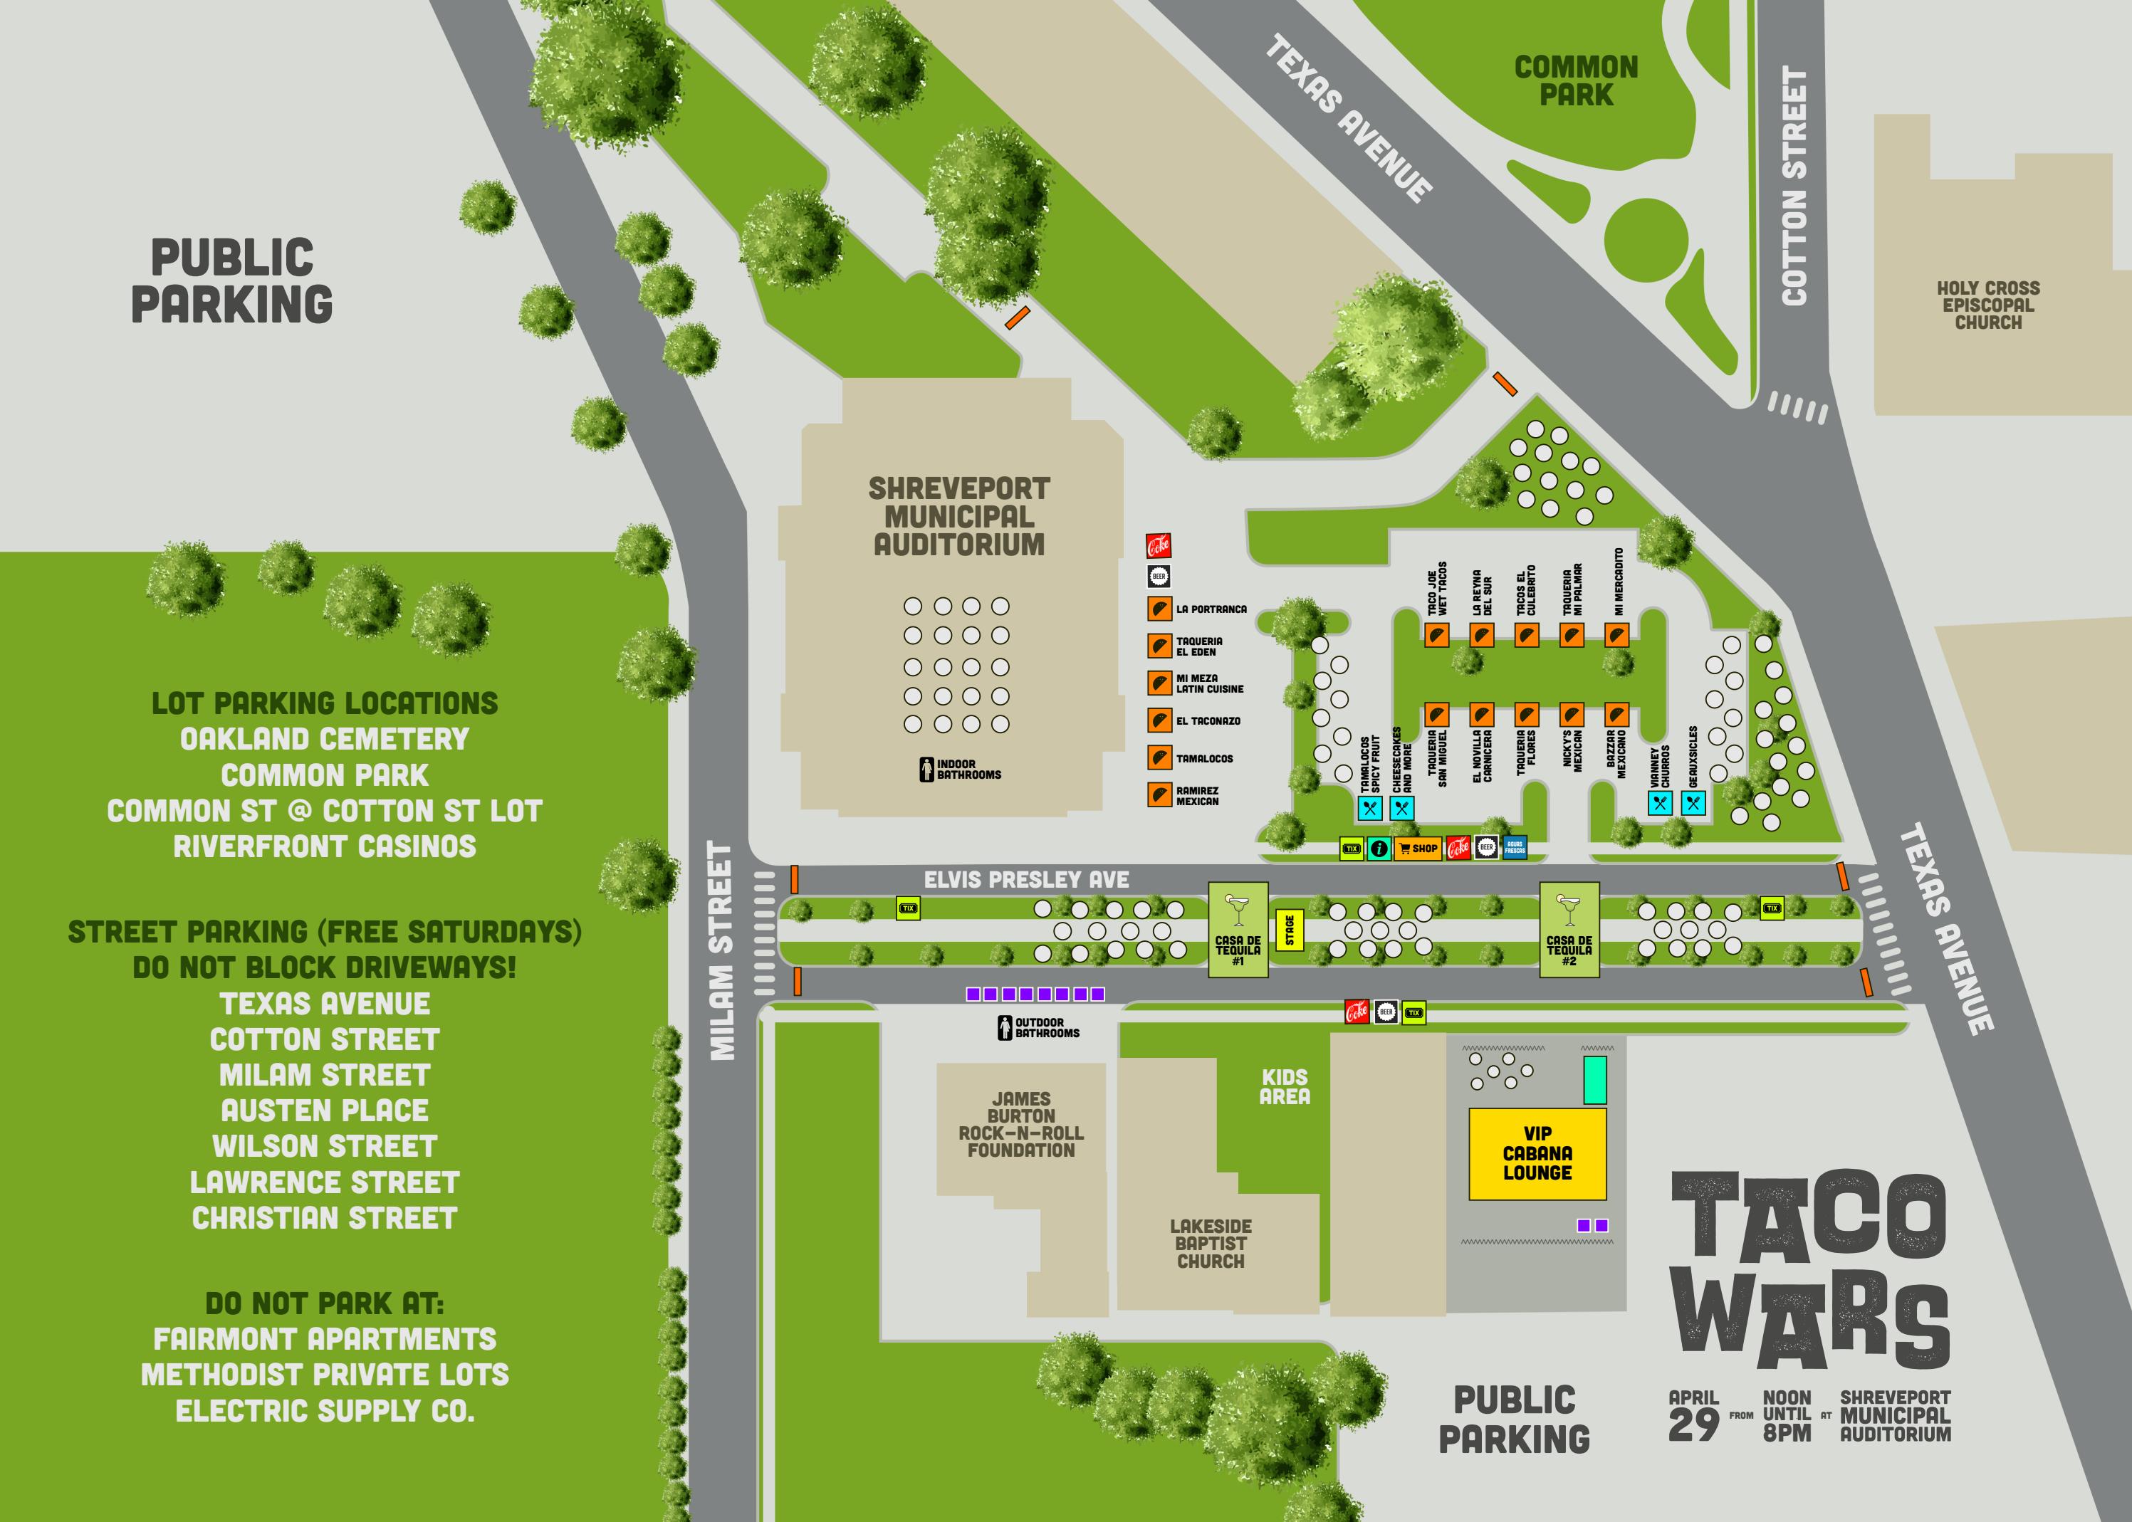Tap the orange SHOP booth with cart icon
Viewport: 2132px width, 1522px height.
(x=1418, y=848)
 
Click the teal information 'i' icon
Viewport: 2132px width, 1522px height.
(x=1378, y=848)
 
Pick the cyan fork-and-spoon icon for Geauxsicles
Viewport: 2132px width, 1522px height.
(x=1693, y=803)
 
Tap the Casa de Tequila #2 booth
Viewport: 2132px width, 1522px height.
(x=1569, y=930)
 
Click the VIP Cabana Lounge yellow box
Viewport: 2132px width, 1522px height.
(x=1537, y=1154)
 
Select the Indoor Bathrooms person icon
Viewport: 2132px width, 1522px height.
(x=926, y=770)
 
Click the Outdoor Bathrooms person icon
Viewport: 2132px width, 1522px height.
(x=1004, y=1028)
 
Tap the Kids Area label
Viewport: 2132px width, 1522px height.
(x=1285, y=1086)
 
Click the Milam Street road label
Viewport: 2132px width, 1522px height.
(x=720, y=950)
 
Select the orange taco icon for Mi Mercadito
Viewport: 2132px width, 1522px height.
(x=1616, y=636)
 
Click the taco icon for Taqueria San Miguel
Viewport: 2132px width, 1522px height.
(x=1436, y=714)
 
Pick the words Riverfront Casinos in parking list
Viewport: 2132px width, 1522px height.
(x=325, y=846)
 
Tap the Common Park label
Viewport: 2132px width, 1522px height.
(x=1576, y=80)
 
